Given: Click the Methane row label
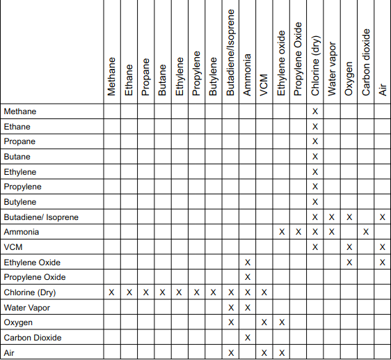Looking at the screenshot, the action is [20, 111].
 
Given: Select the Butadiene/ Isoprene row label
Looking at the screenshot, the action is [41, 217].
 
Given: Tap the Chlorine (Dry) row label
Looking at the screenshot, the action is [29, 292].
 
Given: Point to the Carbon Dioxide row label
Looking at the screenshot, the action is [33, 338].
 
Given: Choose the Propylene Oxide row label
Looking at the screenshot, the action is [35, 277].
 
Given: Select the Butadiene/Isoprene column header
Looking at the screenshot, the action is [230, 52].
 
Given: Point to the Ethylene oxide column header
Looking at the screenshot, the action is [281, 63].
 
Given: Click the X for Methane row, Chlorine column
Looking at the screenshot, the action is [315, 111].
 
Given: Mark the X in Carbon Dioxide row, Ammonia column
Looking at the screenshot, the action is [247, 338].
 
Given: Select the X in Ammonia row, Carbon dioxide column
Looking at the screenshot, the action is [366, 232].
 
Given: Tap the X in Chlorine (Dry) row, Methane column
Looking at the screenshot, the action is [111, 292].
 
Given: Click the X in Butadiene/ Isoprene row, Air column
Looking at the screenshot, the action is [383, 217].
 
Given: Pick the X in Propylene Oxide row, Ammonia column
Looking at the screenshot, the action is [247, 277].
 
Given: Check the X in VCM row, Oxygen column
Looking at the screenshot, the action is [349, 247].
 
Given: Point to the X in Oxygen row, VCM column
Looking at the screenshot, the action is [264, 322].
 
